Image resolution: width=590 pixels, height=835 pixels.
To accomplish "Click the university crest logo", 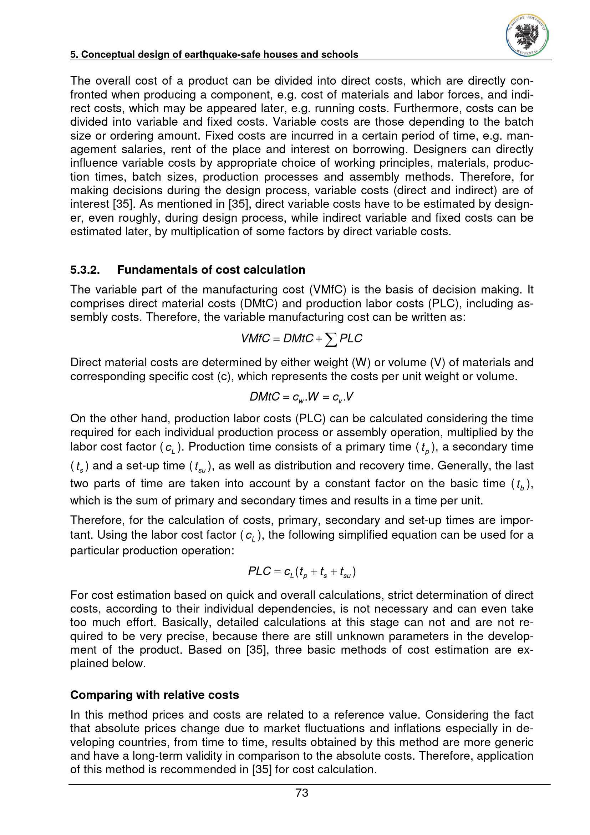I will tap(527, 36).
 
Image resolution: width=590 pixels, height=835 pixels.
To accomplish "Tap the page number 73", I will tap(302, 793).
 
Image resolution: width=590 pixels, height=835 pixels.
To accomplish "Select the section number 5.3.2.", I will tap(85, 270).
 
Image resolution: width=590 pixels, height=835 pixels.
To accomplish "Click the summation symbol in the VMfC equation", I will tap(330, 339).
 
